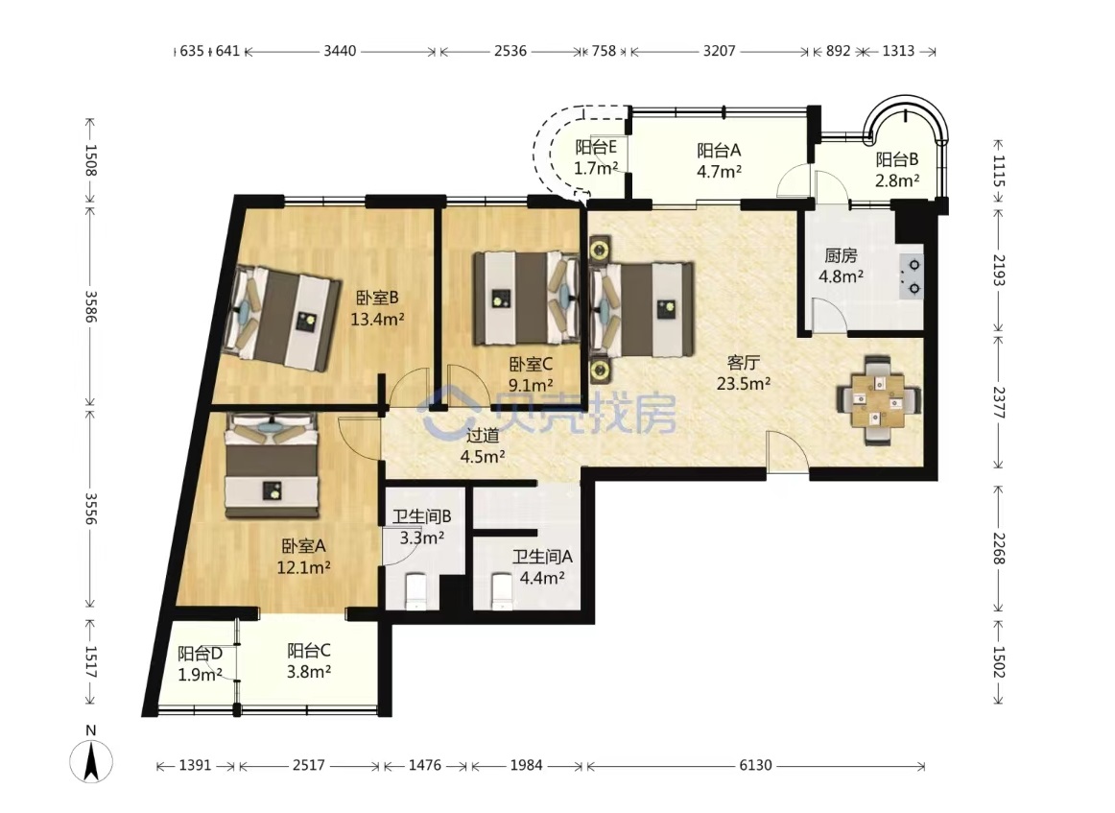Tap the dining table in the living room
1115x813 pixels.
tap(878, 400)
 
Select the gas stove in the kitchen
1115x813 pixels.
tap(911, 275)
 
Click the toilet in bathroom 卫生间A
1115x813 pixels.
tap(503, 592)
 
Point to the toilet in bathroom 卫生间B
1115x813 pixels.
tap(415, 592)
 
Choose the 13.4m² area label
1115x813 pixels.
tap(378, 320)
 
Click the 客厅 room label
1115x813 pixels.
tap(743, 363)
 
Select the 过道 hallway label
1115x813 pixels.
tap(482, 436)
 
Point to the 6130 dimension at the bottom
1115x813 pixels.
tap(755, 765)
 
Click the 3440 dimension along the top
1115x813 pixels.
tap(340, 51)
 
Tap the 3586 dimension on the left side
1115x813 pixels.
tap(90, 306)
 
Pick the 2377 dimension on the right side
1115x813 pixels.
tap(999, 402)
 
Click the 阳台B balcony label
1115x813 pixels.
tap(896, 159)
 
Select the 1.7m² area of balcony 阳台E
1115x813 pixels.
tap(596, 169)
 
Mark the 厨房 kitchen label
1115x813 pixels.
tap(841, 254)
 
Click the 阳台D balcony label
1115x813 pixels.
tap(200, 653)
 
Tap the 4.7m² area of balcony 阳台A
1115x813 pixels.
tap(720, 172)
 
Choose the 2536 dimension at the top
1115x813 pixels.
tap(510, 51)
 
